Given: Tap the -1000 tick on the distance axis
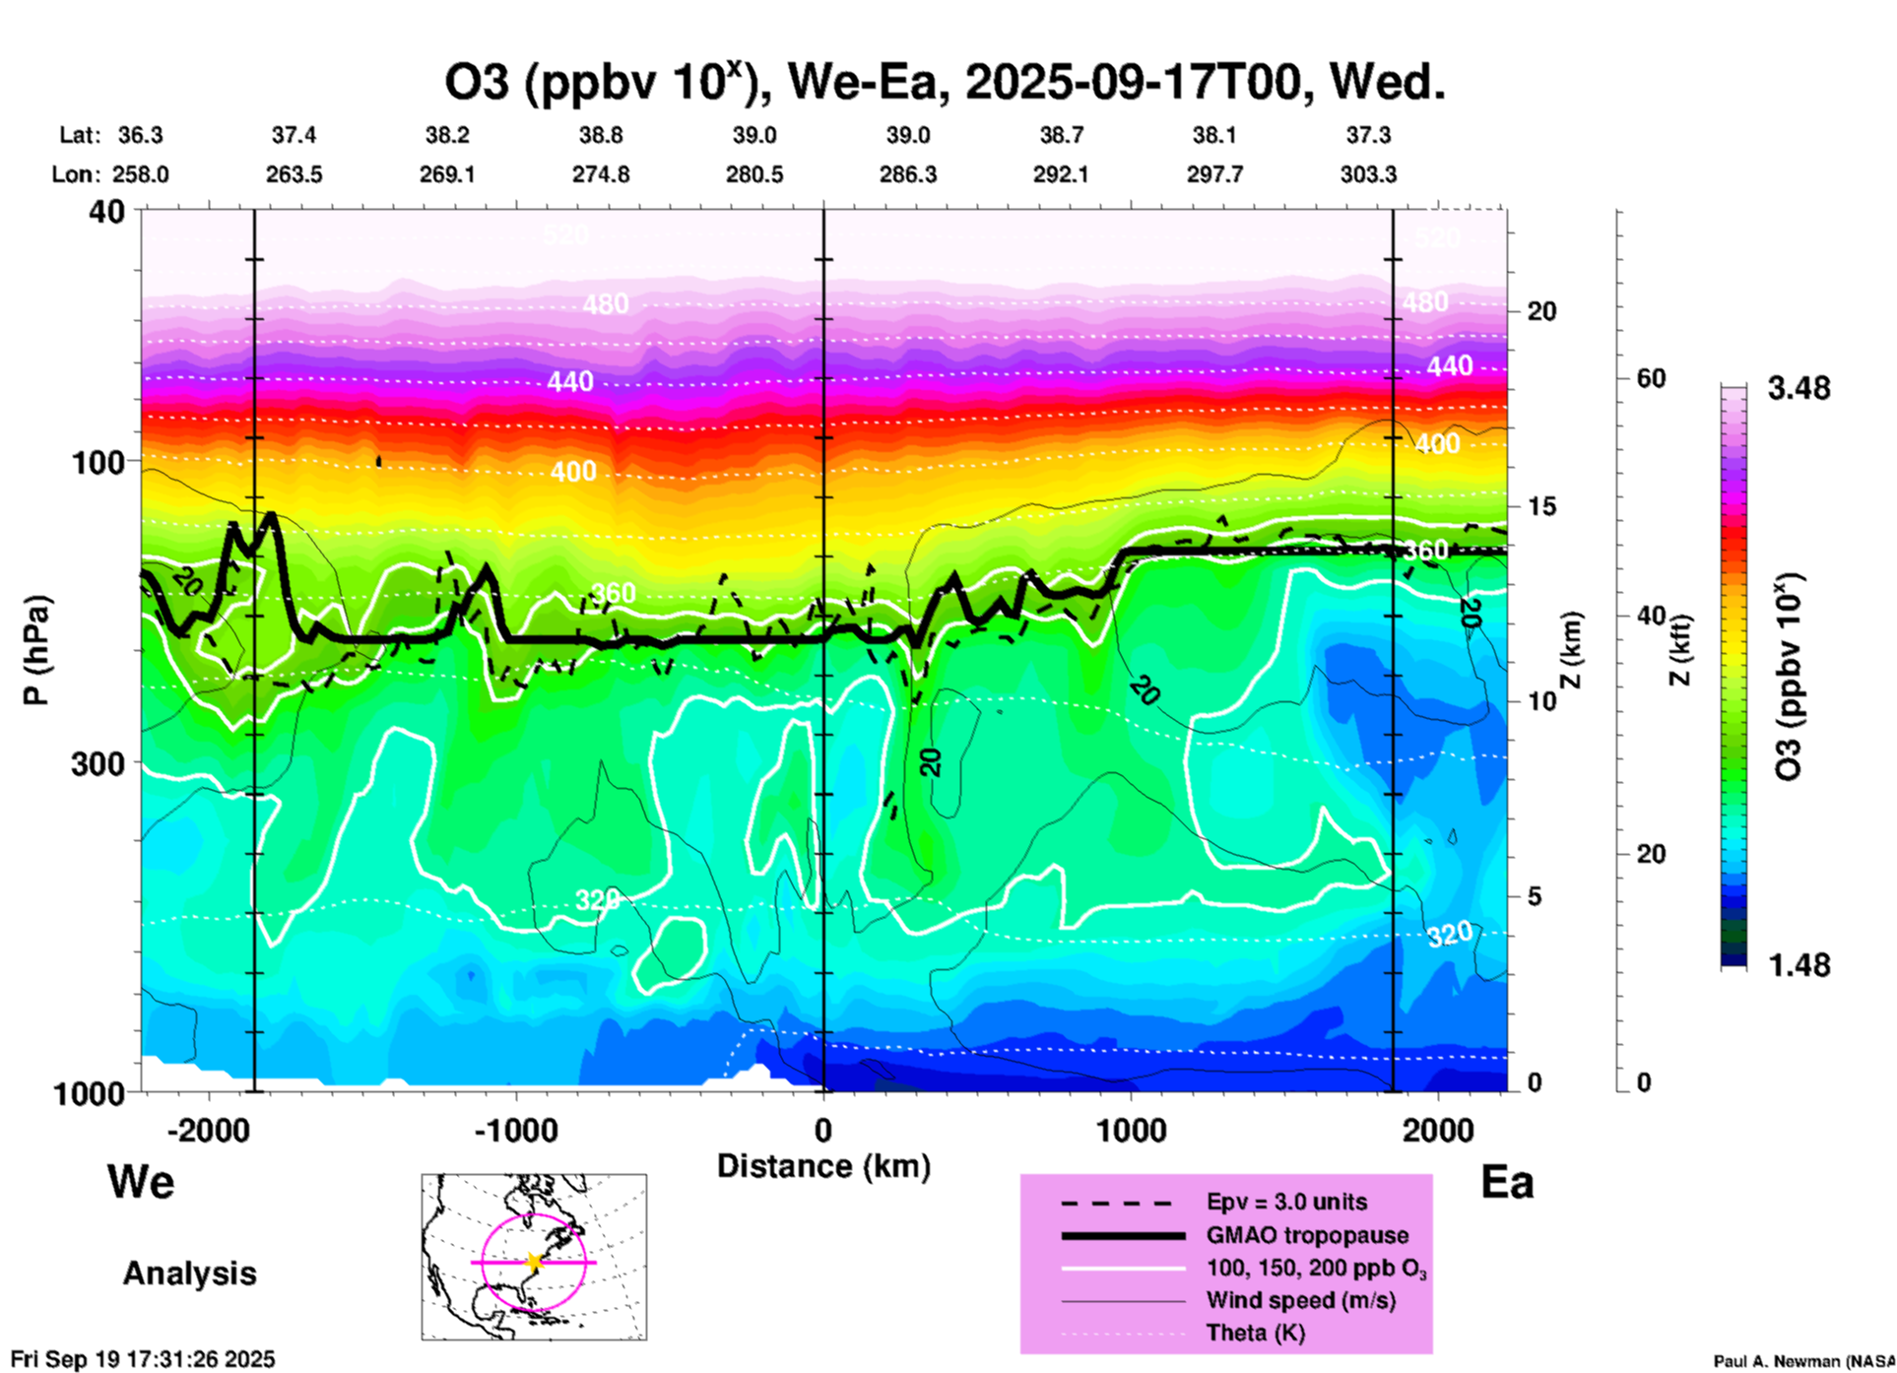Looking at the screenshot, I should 516,1130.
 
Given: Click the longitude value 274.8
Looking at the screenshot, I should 601,175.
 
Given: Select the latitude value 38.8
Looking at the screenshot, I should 601,135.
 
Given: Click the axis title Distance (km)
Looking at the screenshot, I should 823,1166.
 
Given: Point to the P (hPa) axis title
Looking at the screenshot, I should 36,650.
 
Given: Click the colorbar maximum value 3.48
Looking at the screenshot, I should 1799,389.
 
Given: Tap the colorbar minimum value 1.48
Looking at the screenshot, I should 1799,965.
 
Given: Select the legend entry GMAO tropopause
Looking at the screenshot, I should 1307,1235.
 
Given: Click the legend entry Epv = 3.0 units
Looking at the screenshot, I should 1286,1203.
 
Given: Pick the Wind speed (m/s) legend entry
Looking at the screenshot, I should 1300,1301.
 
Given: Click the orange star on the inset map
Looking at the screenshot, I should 534,1262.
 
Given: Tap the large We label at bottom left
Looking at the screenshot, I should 141,1181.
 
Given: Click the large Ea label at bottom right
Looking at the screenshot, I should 1507,1183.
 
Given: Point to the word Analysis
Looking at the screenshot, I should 189,1274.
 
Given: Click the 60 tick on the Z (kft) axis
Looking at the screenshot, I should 1651,379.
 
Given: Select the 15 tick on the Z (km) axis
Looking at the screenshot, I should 1541,507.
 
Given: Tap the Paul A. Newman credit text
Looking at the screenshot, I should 1804,1361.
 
